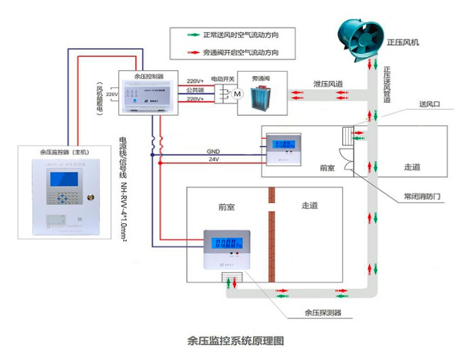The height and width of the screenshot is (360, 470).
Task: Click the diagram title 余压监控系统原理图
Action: click(235, 340)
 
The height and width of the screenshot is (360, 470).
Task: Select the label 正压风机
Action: click(403, 42)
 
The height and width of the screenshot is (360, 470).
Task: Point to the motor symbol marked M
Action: click(237, 94)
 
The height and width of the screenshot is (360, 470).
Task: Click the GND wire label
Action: click(213, 151)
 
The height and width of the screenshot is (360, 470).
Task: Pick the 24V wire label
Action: click(213, 160)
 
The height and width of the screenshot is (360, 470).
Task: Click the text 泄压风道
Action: click(328, 84)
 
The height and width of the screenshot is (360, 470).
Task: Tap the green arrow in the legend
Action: click(188, 35)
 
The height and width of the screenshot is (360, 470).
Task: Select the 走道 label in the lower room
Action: click(309, 206)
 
